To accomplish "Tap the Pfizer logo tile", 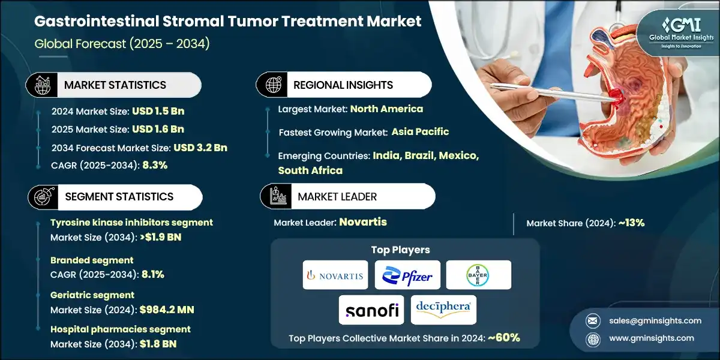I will pos(407,275).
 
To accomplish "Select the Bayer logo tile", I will pos(479,275).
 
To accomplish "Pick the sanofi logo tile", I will pos(371,310).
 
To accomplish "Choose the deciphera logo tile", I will pos(443,310).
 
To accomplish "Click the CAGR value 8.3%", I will pos(155,165).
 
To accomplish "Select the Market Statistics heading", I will pos(115,85).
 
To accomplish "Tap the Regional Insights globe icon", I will pos(272,85).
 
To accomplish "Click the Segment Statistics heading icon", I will pos(41,196).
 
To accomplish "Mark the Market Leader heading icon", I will pos(277,196).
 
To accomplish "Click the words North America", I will pos(386,109).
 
